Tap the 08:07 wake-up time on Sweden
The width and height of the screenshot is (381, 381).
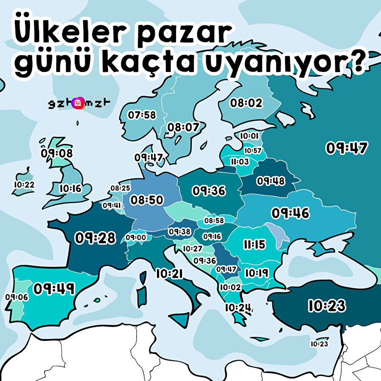click(183, 127)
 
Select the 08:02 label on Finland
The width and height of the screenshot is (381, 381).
click(246, 102)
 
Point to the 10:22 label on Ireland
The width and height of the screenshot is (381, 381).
click(24, 185)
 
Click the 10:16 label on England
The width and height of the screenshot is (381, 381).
click(70, 188)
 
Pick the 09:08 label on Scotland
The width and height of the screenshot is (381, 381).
click(57, 153)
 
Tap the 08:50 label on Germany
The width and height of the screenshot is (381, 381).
click(146, 200)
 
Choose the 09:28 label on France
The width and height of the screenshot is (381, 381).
click(95, 238)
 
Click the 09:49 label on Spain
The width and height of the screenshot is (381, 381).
click(54, 289)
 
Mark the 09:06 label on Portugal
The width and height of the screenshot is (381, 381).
click(17, 297)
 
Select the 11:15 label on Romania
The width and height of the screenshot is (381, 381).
click(254, 244)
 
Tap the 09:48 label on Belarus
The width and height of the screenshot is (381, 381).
click(271, 181)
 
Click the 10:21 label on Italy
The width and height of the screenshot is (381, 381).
click(169, 274)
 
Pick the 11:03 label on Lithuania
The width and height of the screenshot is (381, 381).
click(240, 162)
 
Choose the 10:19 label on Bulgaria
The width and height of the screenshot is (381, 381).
click(257, 273)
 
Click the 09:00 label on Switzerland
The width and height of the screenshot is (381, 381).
click(135, 237)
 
